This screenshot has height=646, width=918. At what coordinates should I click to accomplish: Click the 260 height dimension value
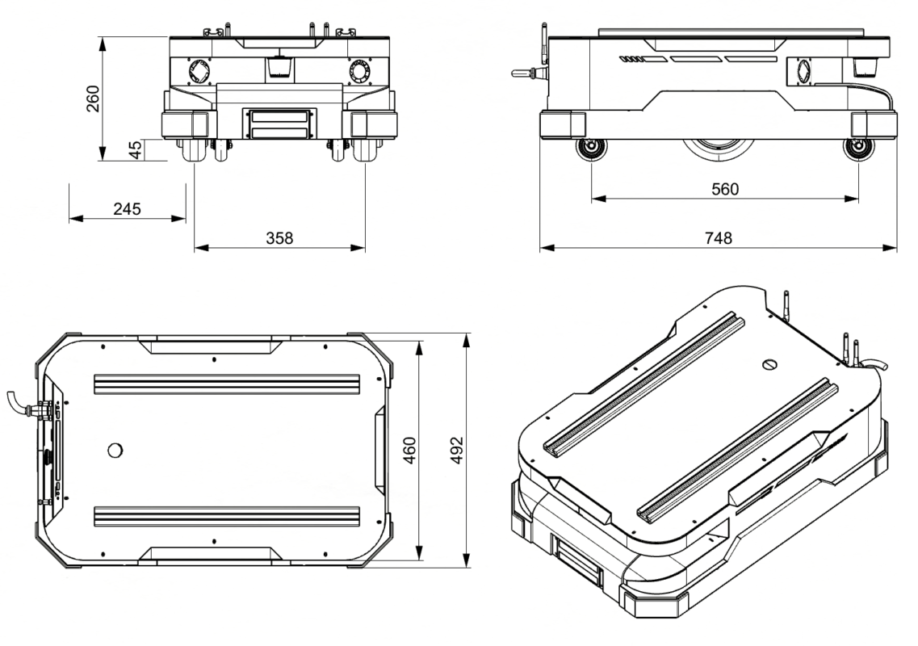click(93, 99)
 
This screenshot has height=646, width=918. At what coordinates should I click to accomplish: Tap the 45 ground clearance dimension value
click(136, 150)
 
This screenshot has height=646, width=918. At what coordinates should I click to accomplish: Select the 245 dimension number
click(127, 209)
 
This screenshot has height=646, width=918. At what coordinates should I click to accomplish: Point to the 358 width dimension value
click(279, 238)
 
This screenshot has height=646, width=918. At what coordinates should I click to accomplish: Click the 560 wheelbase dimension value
click(725, 189)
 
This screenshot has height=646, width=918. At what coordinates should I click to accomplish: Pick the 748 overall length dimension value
click(719, 238)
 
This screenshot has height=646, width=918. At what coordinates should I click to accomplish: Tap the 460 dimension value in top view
click(410, 451)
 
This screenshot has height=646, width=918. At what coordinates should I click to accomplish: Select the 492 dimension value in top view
click(457, 451)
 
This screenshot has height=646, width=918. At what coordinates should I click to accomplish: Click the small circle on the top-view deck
click(115, 451)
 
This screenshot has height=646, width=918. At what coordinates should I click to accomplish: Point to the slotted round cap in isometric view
click(770, 364)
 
